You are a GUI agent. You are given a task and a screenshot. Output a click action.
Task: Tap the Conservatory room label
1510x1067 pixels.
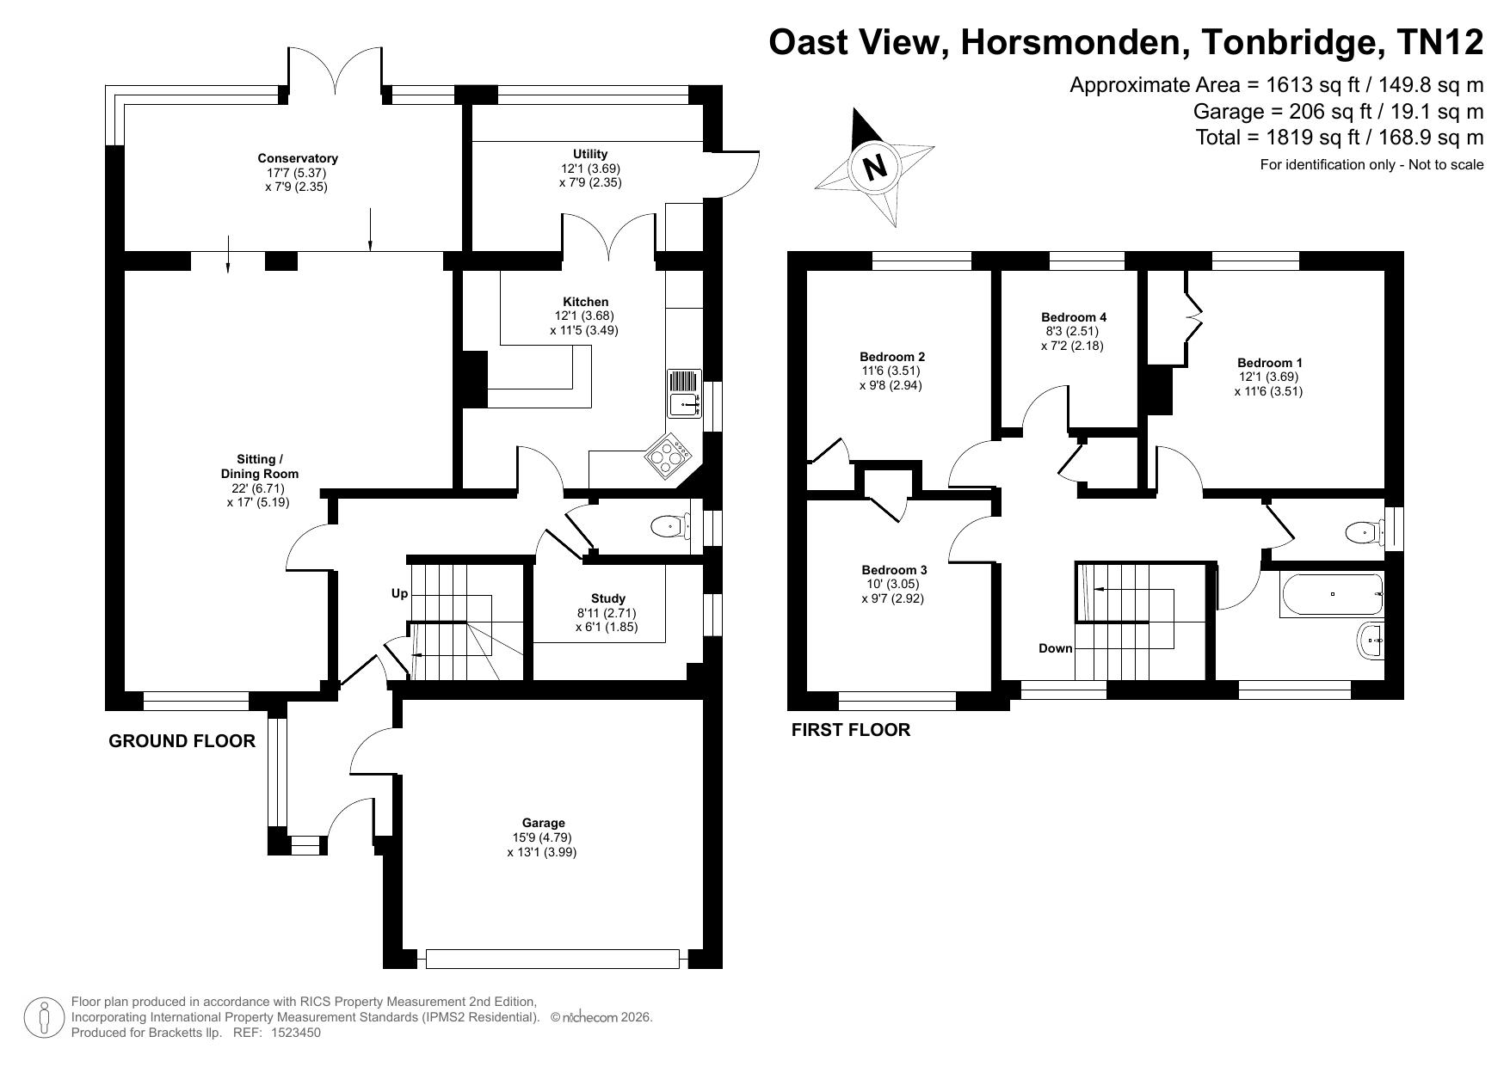(298, 158)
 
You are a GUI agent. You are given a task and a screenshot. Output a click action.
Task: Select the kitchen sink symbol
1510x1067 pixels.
(683, 393)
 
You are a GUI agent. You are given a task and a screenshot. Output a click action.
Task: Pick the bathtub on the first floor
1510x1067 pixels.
(1331, 594)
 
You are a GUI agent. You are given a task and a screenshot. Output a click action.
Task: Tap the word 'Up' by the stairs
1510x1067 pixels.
(399, 593)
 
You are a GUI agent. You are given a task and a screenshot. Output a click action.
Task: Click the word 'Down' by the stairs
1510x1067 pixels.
(1055, 648)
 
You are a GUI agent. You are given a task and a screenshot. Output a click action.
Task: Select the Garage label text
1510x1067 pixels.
(543, 823)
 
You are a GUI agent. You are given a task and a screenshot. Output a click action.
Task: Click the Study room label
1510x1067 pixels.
(607, 598)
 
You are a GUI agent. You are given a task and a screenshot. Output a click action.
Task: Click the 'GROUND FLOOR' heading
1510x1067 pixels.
(182, 741)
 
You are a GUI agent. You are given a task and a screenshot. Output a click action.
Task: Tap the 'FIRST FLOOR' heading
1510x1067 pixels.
(850, 730)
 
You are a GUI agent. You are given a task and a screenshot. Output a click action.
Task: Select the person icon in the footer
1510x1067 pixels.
(44, 1017)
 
